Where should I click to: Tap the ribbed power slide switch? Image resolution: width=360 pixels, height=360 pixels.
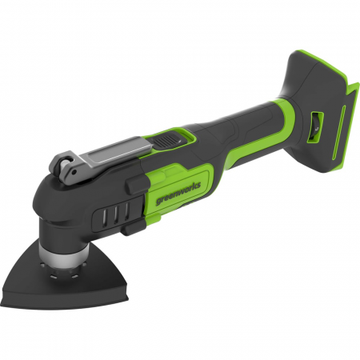click(x=165, y=140)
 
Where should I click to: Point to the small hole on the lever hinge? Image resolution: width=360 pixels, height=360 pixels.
click(x=74, y=171)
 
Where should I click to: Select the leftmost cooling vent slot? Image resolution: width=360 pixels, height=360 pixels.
click(x=105, y=216)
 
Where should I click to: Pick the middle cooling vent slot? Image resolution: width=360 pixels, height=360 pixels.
click(x=116, y=213)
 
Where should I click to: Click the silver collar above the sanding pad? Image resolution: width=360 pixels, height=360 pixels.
click(x=63, y=253)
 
